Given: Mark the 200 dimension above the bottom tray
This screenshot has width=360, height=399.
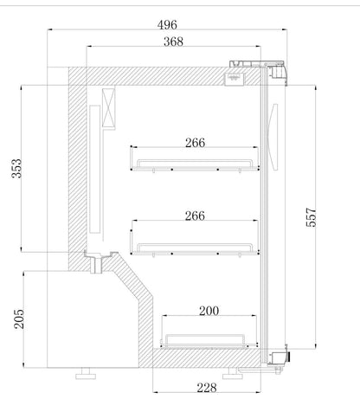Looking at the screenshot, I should click(x=209, y=309).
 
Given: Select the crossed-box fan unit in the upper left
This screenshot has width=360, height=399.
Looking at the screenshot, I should click(x=110, y=110).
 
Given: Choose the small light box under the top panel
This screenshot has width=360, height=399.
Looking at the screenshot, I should click(x=235, y=77).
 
